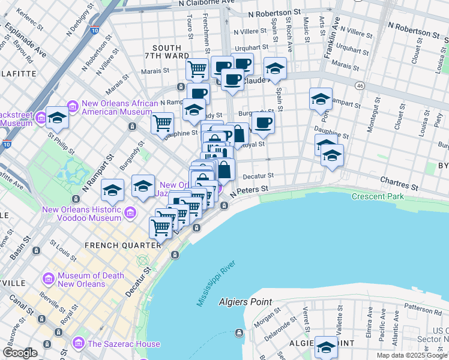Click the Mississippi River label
217,284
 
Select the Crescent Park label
378,196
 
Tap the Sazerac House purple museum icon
79,343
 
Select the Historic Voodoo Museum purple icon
130,212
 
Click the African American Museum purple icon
73,107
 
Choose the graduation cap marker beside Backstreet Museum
58,117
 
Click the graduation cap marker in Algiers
326,346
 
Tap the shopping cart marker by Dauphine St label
163,123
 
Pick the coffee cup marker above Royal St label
263,122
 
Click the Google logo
20,353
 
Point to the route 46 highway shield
359,86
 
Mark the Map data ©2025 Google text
412,355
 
